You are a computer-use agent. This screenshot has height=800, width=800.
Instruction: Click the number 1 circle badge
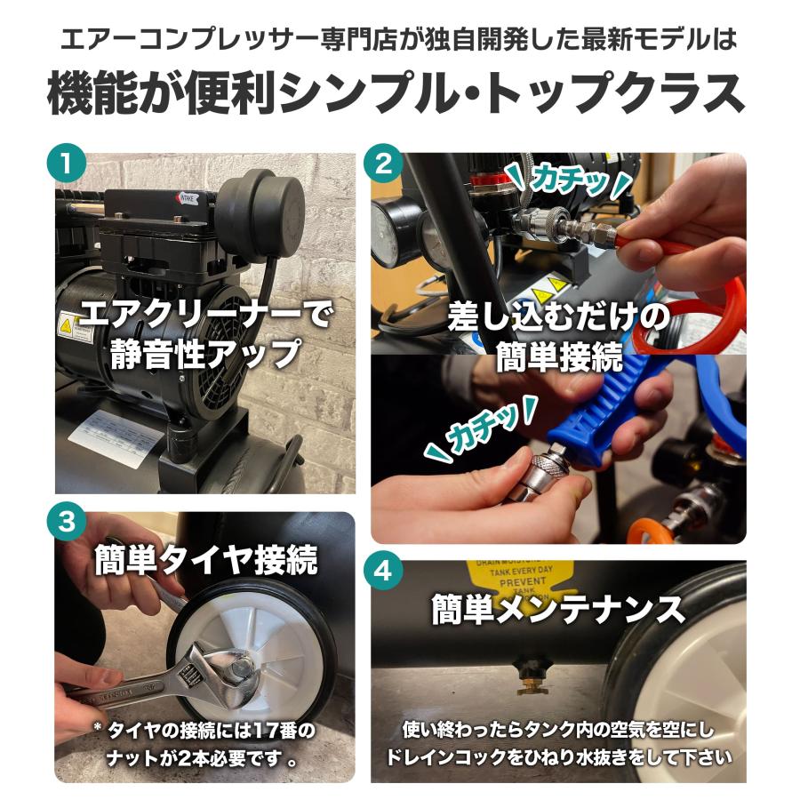68,164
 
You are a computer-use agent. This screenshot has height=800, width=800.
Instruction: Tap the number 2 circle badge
384,164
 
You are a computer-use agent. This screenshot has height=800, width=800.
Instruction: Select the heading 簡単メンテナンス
558,611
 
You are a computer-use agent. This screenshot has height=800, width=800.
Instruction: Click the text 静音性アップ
205,353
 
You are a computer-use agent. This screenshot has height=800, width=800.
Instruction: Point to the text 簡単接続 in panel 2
559,359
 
